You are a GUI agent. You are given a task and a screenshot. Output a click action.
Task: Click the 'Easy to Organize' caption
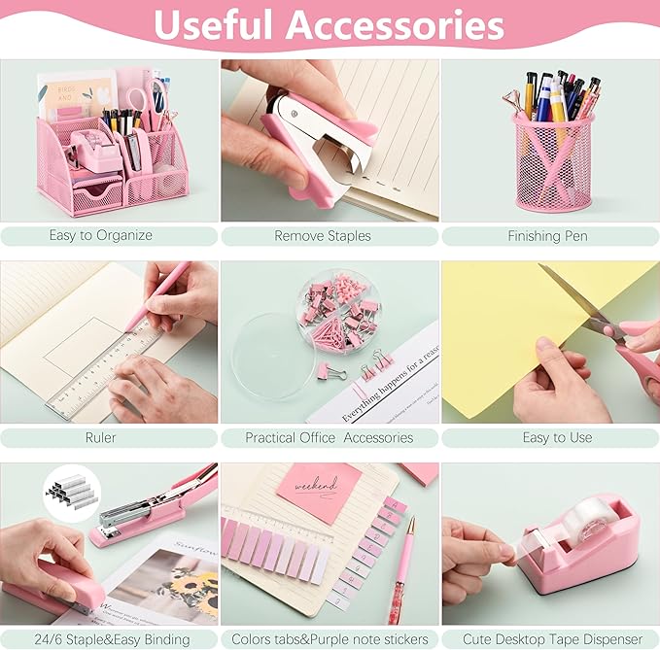[101, 235]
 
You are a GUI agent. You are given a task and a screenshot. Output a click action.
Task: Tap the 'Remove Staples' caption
[323, 235]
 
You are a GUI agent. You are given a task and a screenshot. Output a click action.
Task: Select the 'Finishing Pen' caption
[547, 235]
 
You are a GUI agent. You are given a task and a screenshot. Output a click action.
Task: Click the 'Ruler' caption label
[101, 437]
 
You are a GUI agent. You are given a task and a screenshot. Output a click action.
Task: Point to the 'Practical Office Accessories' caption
[330, 437]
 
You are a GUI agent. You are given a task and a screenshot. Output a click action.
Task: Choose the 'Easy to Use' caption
[557, 437]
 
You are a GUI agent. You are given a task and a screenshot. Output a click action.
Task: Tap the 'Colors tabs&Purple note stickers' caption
[330, 638]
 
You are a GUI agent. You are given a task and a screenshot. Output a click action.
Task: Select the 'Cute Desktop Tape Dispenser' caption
[550, 638]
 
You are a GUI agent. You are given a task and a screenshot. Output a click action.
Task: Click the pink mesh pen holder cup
[554, 175]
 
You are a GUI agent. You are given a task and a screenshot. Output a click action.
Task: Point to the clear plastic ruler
[107, 369]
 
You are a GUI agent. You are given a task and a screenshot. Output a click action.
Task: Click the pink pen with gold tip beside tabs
[399, 564]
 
